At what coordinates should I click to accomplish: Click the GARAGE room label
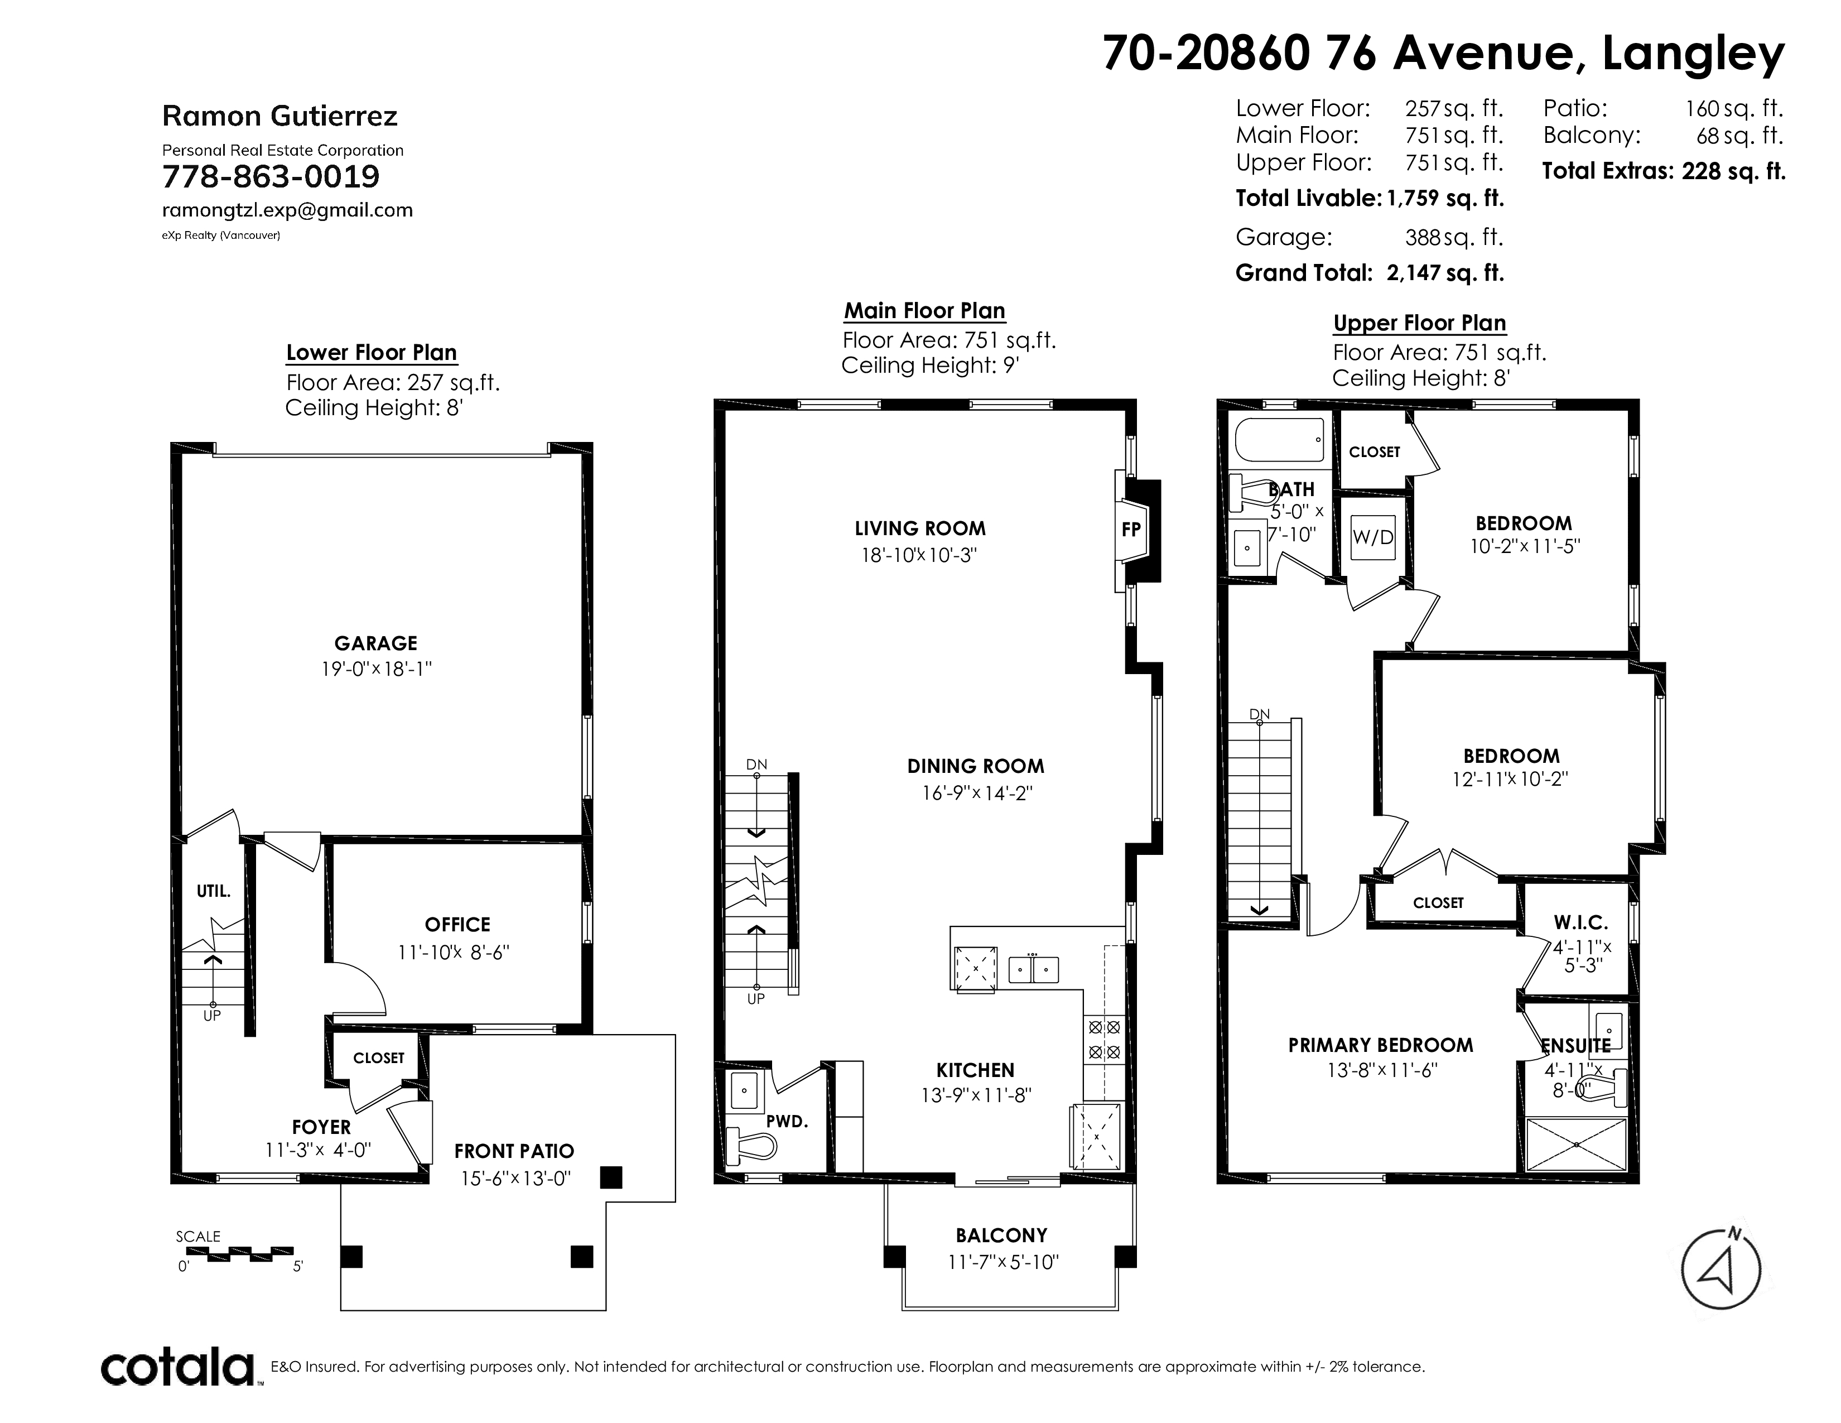point(376,643)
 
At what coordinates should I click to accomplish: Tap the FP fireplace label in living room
point(1130,530)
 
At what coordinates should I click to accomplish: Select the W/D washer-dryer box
point(1373,536)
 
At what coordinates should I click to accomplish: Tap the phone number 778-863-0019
point(271,177)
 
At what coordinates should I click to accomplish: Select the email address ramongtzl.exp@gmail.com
point(287,210)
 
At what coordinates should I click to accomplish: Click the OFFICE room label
point(457,925)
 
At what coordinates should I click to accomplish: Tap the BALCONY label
point(1001,1236)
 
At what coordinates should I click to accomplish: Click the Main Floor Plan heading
point(925,311)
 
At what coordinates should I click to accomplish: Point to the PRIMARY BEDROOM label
point(1381,1045)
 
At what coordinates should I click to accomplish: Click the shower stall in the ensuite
point(1577,1144)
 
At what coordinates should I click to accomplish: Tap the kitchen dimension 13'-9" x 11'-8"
point(976,1095)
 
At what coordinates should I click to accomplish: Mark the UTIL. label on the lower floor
point(213,891)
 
